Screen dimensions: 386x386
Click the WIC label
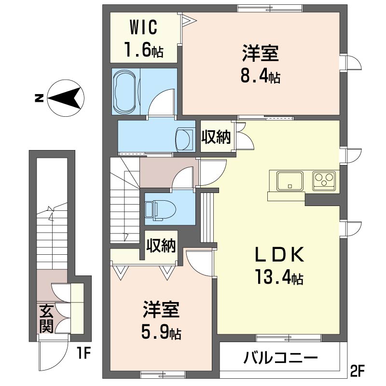(143, 28)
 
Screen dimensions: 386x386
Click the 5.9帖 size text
(161, 332)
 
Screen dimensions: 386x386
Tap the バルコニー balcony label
(281, 358)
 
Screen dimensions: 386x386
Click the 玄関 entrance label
(46, 319)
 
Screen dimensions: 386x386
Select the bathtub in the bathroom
(126, 91)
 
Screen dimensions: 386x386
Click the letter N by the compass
(38, 98)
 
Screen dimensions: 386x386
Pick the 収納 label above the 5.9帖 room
(162, 247)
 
